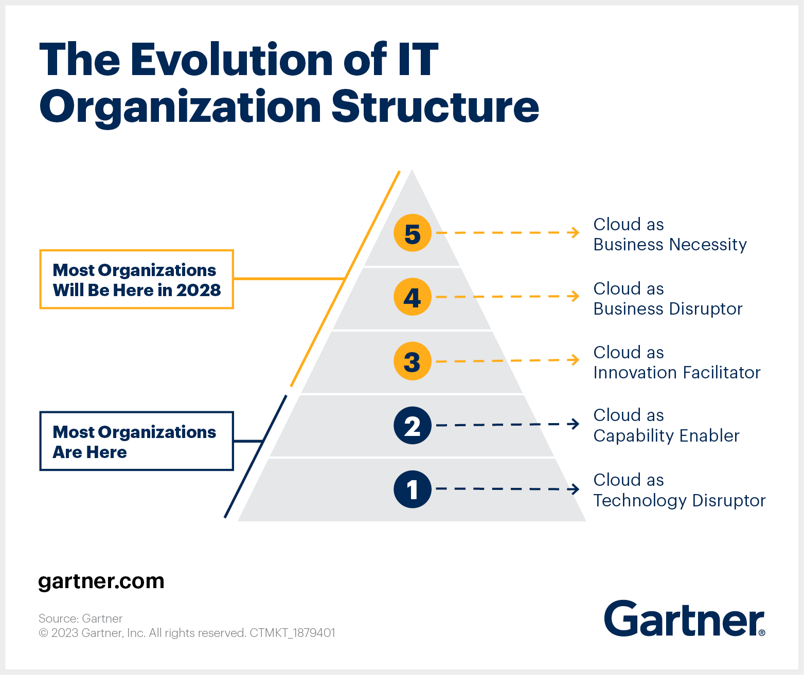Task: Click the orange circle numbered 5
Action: coord(412,233)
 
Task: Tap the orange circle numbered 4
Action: coord(412,297)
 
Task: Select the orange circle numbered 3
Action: coord(412,361)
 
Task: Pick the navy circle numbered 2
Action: coord(412,425)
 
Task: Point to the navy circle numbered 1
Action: coord(412,489)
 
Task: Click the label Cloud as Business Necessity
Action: coord(670,234)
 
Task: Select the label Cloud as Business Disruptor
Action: coord(668,299)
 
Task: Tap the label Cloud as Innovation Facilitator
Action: coord(677,362)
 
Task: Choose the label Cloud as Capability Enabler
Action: coord(666,426)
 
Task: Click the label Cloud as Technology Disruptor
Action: coord(679,490)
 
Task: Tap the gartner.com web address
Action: coord(101,581)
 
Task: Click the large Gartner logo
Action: coord(684,618)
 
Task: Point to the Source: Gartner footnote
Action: coord(80,618)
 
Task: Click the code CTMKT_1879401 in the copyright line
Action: coord(292,633)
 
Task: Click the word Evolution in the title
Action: coord(231,60)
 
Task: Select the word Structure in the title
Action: coord(435,106)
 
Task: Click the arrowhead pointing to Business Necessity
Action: coord(575,232)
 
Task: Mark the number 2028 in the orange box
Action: coord(199,290)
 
